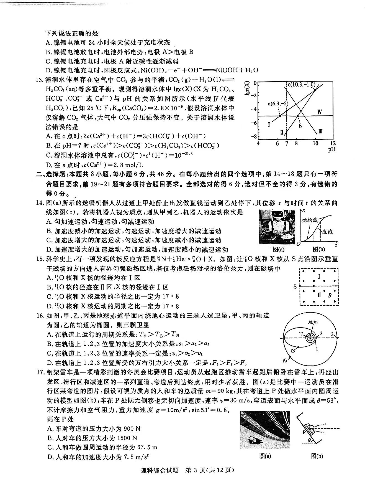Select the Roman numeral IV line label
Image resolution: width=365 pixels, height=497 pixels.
[319, 112]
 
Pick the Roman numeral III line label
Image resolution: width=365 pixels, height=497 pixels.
[320, 131]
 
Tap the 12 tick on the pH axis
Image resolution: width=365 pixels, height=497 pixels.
[333, 143]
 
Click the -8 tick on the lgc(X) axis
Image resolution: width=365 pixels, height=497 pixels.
[254, 136]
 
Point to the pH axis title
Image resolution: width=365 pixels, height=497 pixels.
[331, 149]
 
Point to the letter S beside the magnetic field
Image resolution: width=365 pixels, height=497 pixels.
[295, 286]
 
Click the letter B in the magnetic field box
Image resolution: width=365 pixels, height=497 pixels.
[330, 295]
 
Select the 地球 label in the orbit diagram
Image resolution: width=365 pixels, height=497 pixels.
[313, 322]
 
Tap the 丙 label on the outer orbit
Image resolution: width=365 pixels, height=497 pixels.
[285, 360]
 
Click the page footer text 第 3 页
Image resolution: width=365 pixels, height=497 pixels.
[197, 470]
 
